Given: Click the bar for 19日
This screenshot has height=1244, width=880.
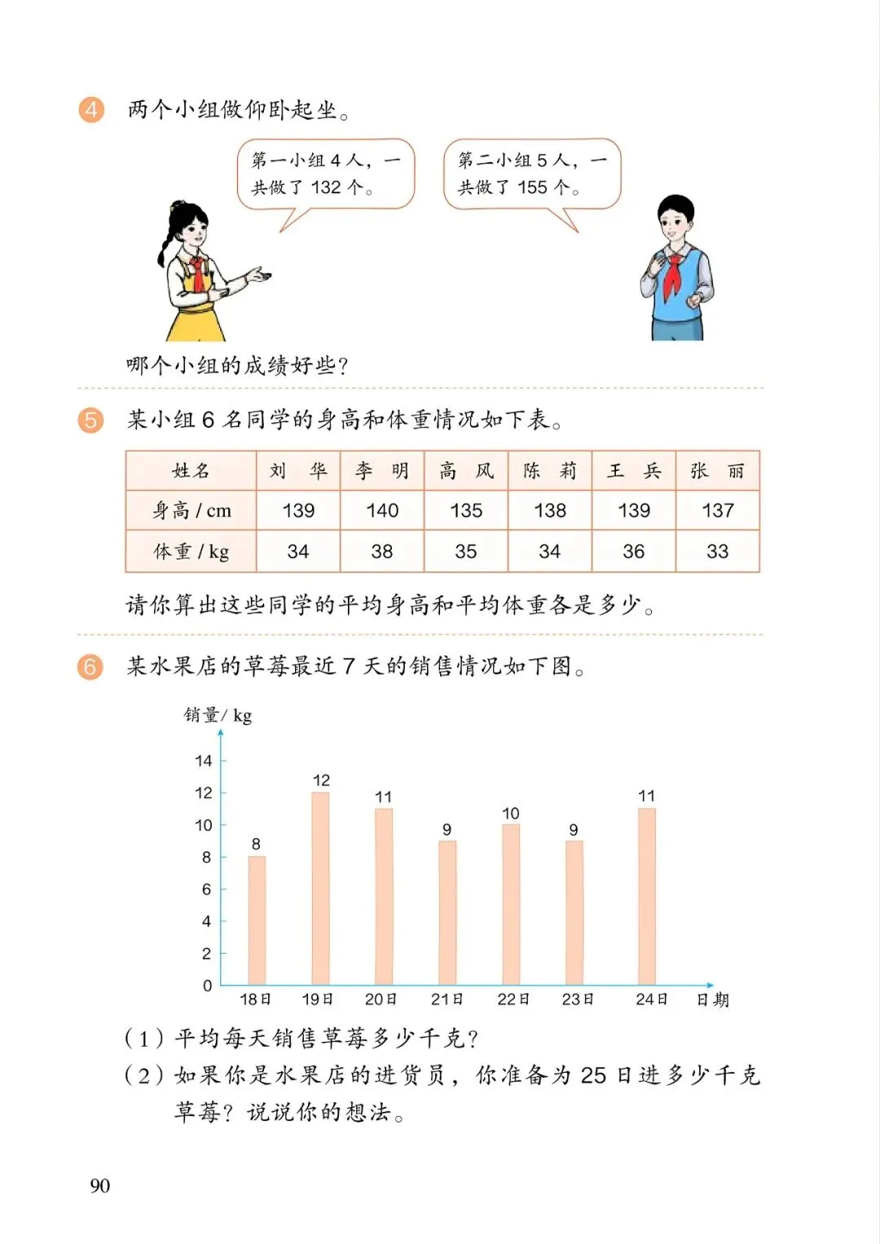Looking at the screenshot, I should coord(320,889).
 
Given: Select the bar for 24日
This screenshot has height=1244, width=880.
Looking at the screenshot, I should coord(647,897).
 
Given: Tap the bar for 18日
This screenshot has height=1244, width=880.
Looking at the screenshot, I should coord(257,920).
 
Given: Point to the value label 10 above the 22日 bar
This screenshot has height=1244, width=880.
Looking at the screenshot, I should coord(511,814).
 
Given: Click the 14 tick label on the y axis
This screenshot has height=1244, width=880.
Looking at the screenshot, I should coord(204,761).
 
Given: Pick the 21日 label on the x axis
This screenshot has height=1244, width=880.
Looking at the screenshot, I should coord(447,999).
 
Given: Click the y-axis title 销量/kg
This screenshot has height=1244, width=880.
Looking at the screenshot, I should coord(218,716).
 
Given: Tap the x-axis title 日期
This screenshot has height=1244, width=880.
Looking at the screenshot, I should coord(712,999).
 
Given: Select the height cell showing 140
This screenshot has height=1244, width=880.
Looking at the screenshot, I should coord(382,510).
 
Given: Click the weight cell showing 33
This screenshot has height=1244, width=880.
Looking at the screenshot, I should coord(717,551).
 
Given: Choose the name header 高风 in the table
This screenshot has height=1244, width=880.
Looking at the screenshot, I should coord(466,471).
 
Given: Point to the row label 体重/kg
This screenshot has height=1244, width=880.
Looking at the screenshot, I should coord(191,552).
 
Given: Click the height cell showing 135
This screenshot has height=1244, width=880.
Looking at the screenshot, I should coord(466,510).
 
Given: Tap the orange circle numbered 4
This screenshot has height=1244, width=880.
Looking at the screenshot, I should coord(91,109).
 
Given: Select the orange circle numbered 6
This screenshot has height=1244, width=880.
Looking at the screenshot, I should coord(90,667).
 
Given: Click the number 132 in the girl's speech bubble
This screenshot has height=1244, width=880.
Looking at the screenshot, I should coord(326,187).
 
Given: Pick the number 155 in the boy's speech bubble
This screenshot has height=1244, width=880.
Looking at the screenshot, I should coord(532,187).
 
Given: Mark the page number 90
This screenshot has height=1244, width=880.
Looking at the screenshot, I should coord(99,1185).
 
